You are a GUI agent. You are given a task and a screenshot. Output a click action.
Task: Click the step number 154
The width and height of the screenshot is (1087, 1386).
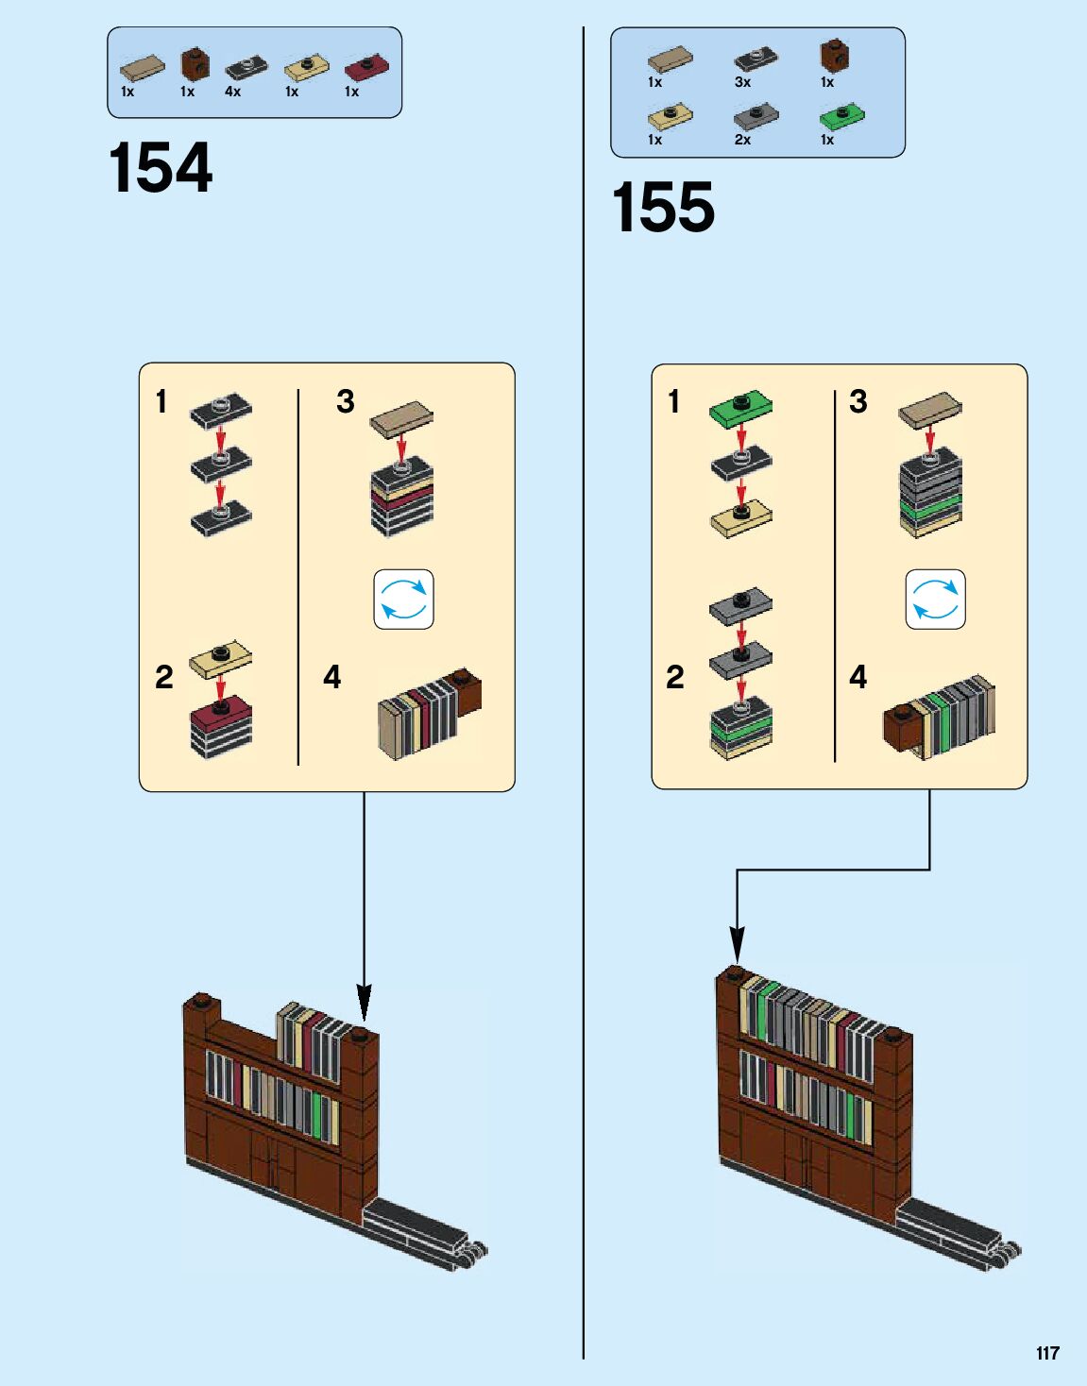[x=161, y=169]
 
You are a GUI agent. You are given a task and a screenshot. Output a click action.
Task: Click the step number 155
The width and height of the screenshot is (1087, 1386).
[x=663, y=209]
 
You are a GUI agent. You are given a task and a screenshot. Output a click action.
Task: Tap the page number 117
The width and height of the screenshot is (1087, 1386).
[x=1047, y=1353]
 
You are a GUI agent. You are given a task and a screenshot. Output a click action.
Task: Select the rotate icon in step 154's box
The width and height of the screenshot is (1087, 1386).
[x=403, y=600]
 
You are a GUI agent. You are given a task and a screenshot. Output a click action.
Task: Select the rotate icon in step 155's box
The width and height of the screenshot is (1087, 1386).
[x=935, y=600]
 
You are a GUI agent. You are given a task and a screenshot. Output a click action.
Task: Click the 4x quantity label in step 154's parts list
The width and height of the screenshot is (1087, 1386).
[x=232, y=92]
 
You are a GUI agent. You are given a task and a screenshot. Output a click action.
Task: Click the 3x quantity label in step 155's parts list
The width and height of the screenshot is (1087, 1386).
[x=742, y=82]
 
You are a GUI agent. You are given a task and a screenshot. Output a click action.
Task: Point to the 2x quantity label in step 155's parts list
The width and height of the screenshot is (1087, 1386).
[x=742, y=140]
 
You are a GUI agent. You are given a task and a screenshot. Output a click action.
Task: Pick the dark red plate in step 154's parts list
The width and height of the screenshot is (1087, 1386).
[x=365, y=67]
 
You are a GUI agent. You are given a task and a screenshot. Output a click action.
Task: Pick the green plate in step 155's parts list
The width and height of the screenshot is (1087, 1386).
[x=841, y=117]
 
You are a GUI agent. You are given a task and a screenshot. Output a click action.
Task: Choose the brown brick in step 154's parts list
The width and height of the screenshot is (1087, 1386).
[x=195, y=62]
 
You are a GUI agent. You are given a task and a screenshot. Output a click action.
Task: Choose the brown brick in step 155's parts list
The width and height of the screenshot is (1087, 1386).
[x=834, y=55]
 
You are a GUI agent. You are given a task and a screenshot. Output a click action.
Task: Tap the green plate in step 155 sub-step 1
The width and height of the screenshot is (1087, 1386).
[x=740, y=407]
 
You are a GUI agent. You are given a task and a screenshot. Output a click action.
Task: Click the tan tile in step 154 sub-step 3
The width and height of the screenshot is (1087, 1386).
[x=401, y=418]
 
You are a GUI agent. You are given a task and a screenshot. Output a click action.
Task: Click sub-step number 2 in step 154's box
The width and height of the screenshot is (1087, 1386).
[x=164, y=677]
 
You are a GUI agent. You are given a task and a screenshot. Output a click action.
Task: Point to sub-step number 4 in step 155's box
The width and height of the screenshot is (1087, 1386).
[x=858, y=677]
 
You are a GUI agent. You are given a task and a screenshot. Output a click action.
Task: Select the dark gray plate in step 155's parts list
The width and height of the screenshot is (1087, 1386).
[x=756, y=116]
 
